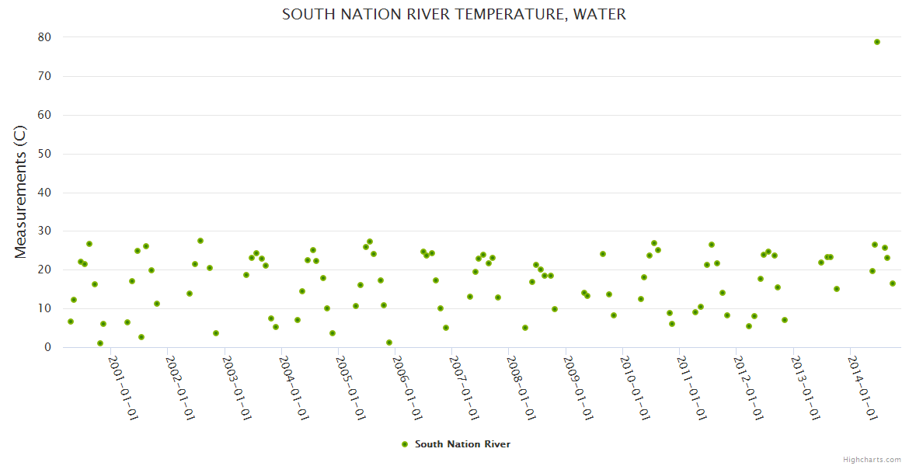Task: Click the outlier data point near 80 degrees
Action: pyautogui.click(x=877, y=42)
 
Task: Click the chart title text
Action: pyautogui.click(x=454, y=14)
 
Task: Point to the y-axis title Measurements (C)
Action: pyautogui.click(x=21, y=192)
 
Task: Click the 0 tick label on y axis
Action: pyautogui.click(x=47, y=347)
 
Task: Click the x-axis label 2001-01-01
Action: pyautogui.click(x=123, y=388)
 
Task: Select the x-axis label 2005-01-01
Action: pyautogui.click(x=350, y=388)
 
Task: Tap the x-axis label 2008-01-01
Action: pyautogui.click(x=521, y=388)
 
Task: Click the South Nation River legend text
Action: pyautogui.click(x=462, y=444)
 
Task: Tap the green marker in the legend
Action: pyautogui.click(x=404, y=444)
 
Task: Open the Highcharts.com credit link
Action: pyautogui.click(x=872, y=459)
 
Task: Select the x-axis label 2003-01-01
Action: pyautogui.click(x=237, y=388)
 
